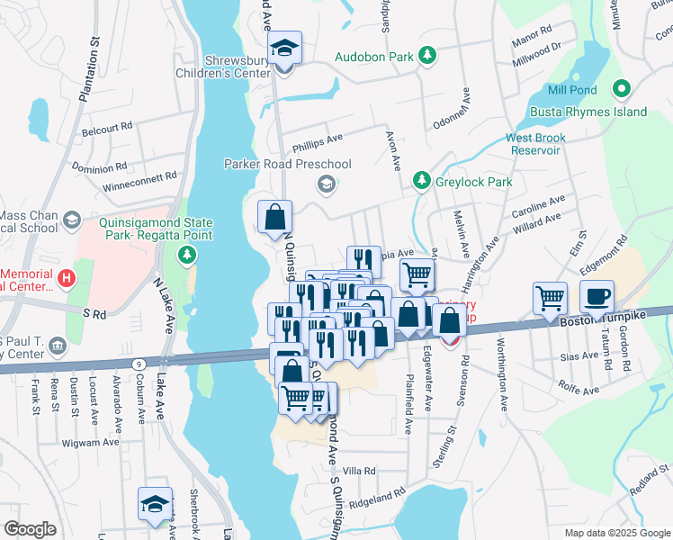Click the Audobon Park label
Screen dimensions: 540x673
tap(373, 56)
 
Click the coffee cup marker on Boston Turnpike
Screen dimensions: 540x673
tap(597, 296)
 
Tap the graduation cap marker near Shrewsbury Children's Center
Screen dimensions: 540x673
tap(286, 49)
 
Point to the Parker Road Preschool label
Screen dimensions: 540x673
tap(287, 164)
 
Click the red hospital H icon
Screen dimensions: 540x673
tap(65, 280)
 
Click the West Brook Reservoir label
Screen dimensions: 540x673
tap(535, 144)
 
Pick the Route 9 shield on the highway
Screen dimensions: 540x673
tap(138, 363)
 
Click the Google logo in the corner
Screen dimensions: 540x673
tap(30, 529)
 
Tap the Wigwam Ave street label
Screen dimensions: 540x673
tap(91, 443)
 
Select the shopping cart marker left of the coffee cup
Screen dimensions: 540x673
tap(550, 298)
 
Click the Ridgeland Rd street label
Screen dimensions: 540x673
tap(377, 497)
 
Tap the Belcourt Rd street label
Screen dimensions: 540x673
tap(107, 127)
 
